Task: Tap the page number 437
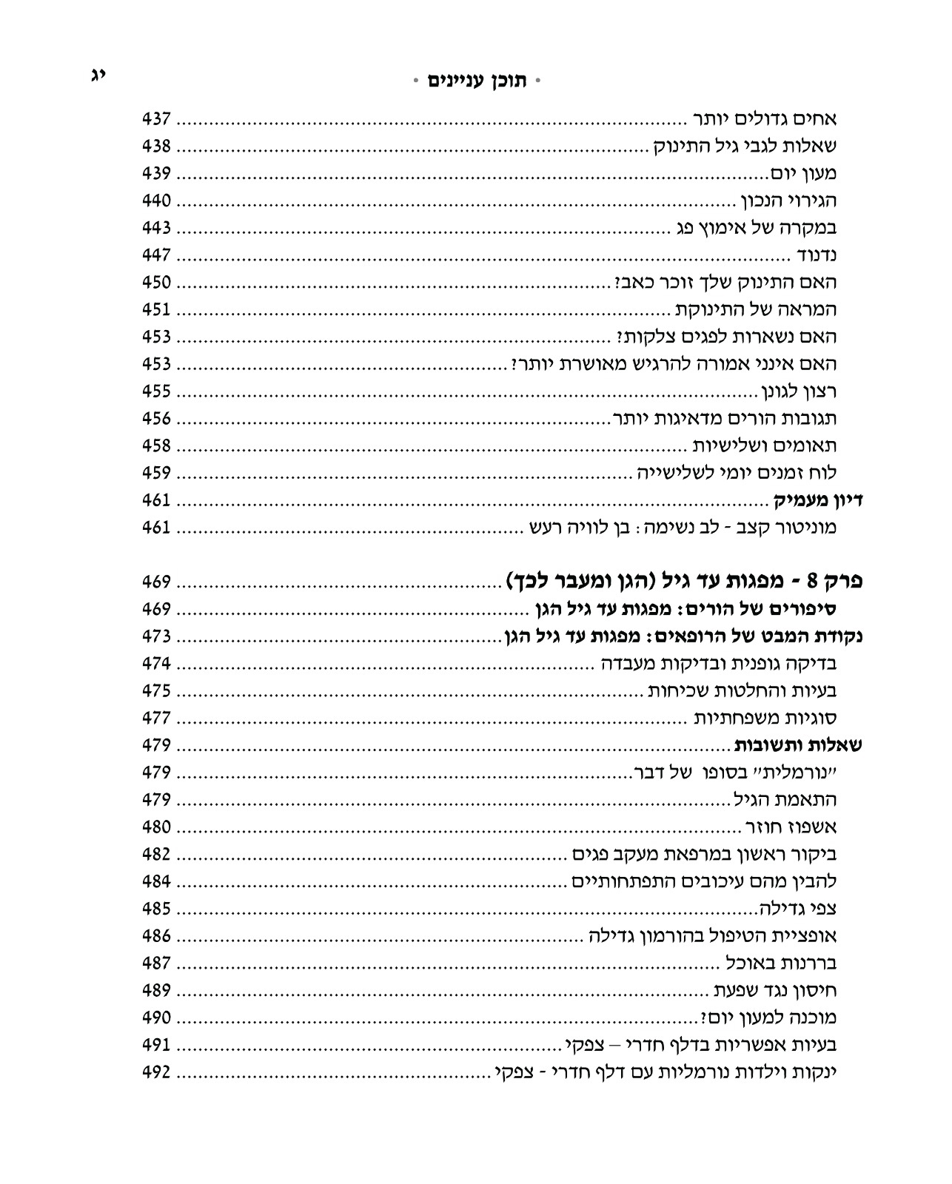coord(156,119)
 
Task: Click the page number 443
coord(156,228)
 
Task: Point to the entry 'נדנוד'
coord(817,256)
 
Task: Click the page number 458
coord(156,445)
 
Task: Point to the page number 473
coord(156,636)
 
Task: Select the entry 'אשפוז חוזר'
coord(790,827)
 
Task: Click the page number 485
coord(156,909)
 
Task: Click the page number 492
coord(156,1072)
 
